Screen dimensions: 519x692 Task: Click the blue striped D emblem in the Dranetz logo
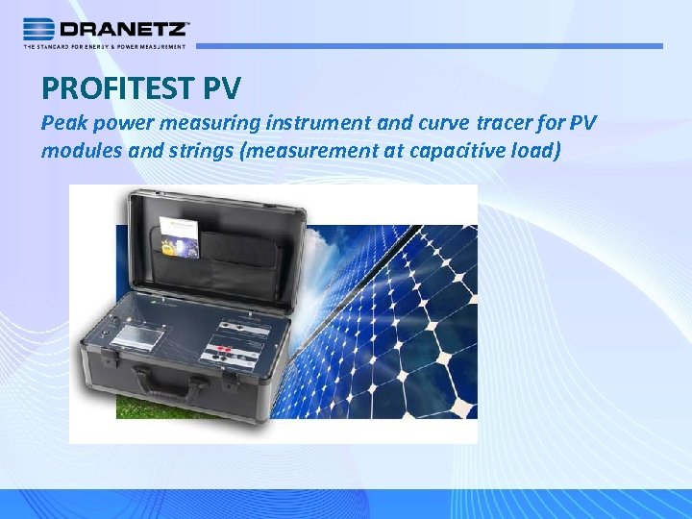coord(39,28)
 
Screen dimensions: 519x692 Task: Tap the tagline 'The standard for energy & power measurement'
coord(105,45)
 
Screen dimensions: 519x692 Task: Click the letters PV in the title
coord(222,89)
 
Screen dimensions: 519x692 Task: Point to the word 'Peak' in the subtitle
coord(62,124)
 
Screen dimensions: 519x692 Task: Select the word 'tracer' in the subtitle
coord(505,124)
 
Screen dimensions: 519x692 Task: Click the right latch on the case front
coord(230,382)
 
